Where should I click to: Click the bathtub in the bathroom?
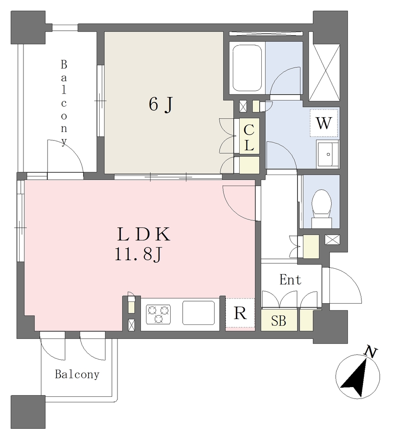coord(247,68)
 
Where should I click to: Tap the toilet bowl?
coord(321,206)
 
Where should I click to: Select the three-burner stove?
coord(158,314)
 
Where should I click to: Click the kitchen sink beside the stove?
coord(198,313)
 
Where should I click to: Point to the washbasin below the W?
coord(327,154)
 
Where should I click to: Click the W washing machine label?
coord(324,123)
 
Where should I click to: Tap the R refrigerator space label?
coord(240,313)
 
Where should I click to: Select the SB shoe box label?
coord(278,321)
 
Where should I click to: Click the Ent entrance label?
coord(290,280)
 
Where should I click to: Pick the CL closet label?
coord(249,138)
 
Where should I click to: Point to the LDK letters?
coord(143,235)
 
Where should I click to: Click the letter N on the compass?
coord(371,352)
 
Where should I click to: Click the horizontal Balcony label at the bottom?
coord(77,374)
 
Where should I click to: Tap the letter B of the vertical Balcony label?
coord(64,65)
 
